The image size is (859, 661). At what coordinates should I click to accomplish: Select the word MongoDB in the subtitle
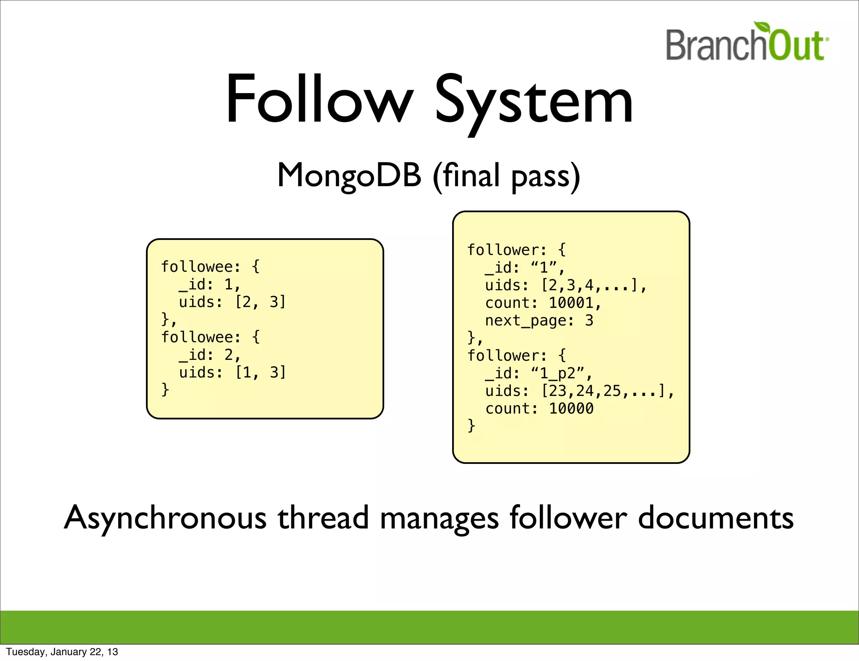[x=349, y=175]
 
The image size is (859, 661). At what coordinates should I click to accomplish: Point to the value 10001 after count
[x=571, y=303]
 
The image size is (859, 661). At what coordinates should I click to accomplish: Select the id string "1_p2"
[x=558, y=373]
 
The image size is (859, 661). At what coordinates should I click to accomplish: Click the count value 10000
[x=571, y=409]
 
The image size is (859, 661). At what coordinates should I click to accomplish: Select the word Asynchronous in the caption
[x=165, y=518]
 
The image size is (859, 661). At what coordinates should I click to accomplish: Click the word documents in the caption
[x=716, y=518]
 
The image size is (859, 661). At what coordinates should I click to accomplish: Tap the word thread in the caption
[x=323, y=518]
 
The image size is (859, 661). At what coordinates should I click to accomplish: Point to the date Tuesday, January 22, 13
[x=62, y=652]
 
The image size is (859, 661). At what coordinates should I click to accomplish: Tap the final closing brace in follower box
[x=471, y=426]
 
